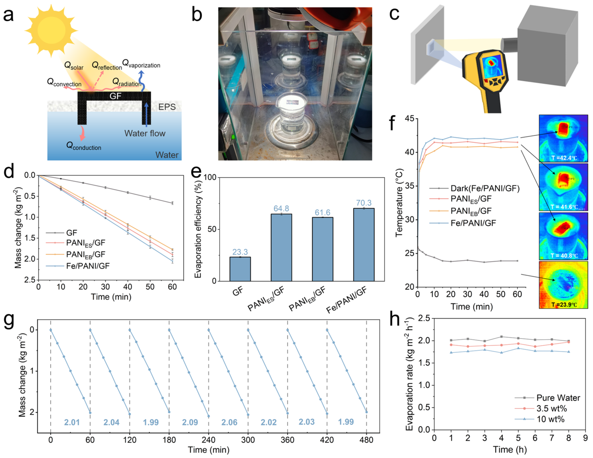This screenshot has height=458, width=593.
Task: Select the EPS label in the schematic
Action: point(167,107)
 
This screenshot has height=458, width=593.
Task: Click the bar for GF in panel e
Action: point(240,269)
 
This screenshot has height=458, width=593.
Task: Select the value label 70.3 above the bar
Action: point(364,203)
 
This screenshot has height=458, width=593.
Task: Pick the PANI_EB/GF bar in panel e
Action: point(322,249)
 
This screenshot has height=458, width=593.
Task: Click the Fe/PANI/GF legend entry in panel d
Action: point(87,266)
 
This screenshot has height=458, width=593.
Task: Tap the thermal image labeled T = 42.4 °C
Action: point(563,138)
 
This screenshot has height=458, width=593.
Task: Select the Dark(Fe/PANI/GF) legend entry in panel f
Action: point(485,188)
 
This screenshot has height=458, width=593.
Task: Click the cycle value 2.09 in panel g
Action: point(190,422)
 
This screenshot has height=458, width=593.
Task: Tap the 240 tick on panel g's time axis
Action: point(209,440)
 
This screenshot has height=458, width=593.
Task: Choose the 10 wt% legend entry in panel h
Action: point(550,419)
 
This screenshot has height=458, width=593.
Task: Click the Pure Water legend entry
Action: point(558,398)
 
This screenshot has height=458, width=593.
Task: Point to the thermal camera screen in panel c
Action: point(491,65)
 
